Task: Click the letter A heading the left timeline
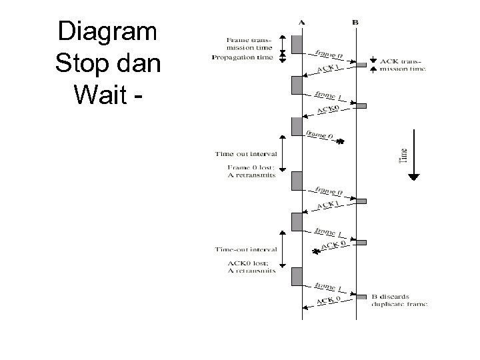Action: [301, 23]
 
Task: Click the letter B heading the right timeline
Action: [355, 23]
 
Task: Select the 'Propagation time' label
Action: [242, 58]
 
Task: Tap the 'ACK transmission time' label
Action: [402, 65]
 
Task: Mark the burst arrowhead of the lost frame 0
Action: [340, 141]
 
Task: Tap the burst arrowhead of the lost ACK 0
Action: [316, 251]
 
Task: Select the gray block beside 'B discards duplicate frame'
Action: [361, 297]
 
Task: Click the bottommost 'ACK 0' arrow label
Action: [329, 300]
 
